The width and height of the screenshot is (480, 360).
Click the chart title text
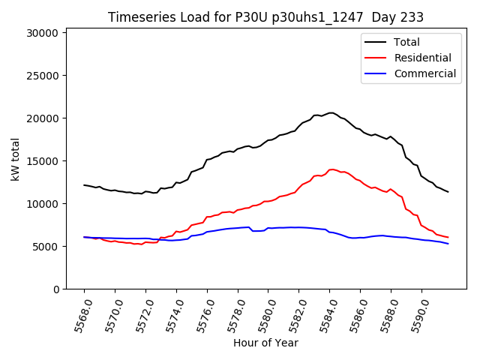(265, 17)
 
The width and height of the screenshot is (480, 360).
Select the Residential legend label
(423, 58)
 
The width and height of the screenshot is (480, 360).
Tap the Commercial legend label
(424, 73)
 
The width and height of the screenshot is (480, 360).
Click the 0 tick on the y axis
(57, 289)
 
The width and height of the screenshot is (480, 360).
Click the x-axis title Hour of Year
(265, 343)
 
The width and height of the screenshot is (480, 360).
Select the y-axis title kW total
(15, 160)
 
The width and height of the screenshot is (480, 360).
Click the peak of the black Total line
(331, 112)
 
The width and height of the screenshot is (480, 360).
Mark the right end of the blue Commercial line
(448, 244)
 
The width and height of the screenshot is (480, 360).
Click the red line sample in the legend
(376, 58)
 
